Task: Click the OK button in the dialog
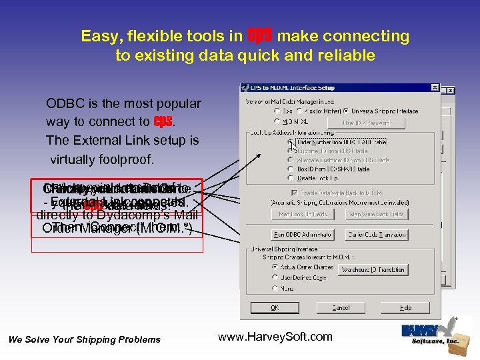[275, 308]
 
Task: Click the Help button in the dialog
[405, 308]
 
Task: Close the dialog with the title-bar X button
[435, 88]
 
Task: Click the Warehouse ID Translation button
[373, 270]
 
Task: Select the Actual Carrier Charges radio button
[276, 267]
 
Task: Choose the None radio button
[276, 288]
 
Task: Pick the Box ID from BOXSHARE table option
[291, 169]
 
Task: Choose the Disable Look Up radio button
[291, 179]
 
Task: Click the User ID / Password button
[366, 122]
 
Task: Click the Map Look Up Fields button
[303, 214]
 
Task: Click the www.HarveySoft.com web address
[275, 337]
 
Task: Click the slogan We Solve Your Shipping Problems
[85, 339]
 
